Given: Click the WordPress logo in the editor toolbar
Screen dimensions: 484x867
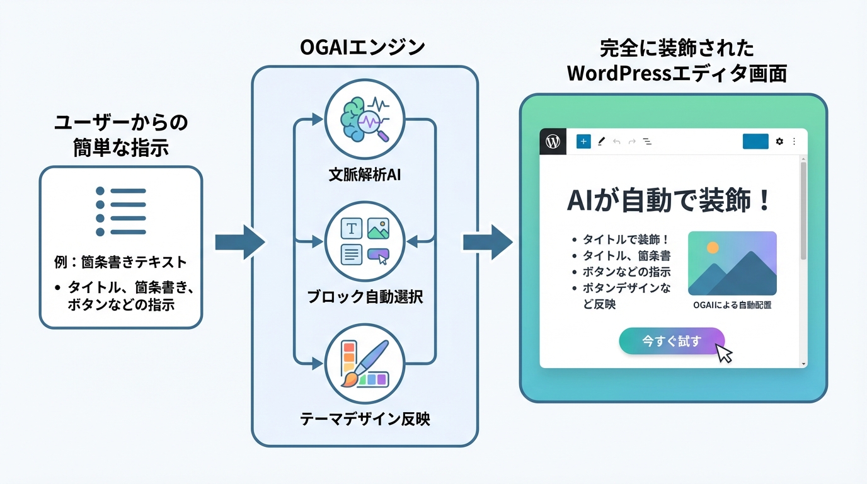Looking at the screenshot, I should click(x=553, y=142).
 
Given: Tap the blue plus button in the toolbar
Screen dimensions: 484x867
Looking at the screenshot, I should click(x=583, y=142).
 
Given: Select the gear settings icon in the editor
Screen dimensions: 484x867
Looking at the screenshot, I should click(x=779, y=142).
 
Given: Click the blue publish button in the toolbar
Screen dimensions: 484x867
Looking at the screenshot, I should click(x=755, y=142).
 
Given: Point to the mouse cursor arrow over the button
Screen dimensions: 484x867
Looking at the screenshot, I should click(x=725, y=353).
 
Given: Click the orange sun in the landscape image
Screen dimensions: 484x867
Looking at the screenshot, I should click(x=713, y=248).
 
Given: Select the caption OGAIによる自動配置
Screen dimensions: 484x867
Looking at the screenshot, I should click(x=732, y=305).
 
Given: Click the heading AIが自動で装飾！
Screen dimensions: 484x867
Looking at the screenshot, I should click(x=669, y=201).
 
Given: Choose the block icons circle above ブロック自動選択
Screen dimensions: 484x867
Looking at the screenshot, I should click(x=365, y=241).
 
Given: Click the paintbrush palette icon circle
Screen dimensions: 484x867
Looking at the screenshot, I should click(x=365, y=364).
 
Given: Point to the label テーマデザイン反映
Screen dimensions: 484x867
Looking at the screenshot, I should click(x=365, y=418).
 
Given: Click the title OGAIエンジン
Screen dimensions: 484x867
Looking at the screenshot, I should click(x=364, y=47).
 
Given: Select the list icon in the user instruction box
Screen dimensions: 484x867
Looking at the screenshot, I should click(x=120, y=212).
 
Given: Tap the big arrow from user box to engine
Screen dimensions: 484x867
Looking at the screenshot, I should click(x=239, y=242).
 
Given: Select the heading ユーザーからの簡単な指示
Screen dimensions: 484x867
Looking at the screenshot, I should click(x=120, y=135).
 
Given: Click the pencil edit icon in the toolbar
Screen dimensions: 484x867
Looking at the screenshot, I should click(x=601, y=142).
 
